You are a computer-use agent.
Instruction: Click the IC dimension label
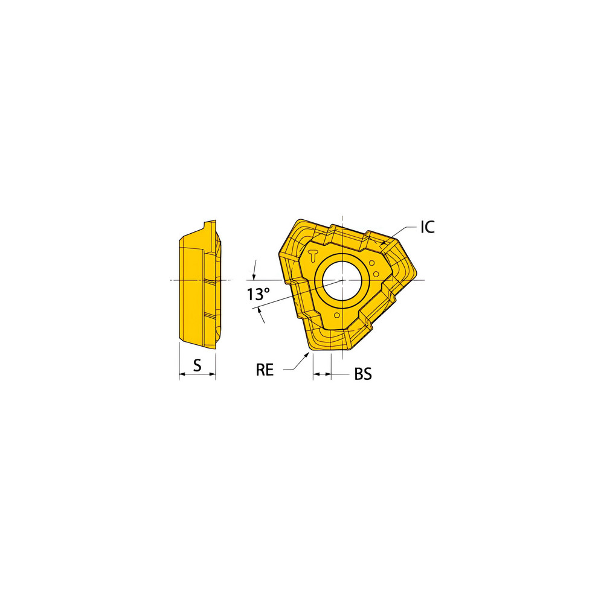click(427, 227)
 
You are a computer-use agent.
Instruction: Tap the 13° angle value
click(258, 295)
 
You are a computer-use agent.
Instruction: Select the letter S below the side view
click(197, 364)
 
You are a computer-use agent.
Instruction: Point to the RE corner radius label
click(265, 370)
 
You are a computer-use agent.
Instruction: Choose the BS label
click(362, 374)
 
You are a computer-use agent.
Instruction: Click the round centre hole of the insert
click(341, 280)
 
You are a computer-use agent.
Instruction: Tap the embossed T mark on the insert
click(313, 254)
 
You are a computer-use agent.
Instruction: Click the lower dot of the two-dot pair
click(377, 274)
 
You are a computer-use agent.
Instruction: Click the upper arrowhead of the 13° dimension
click(254, 275)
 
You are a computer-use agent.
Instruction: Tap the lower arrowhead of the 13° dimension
click(260, 310)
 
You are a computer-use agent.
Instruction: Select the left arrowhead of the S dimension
click(182, 375)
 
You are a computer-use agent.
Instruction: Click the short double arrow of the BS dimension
click(322, 375)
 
